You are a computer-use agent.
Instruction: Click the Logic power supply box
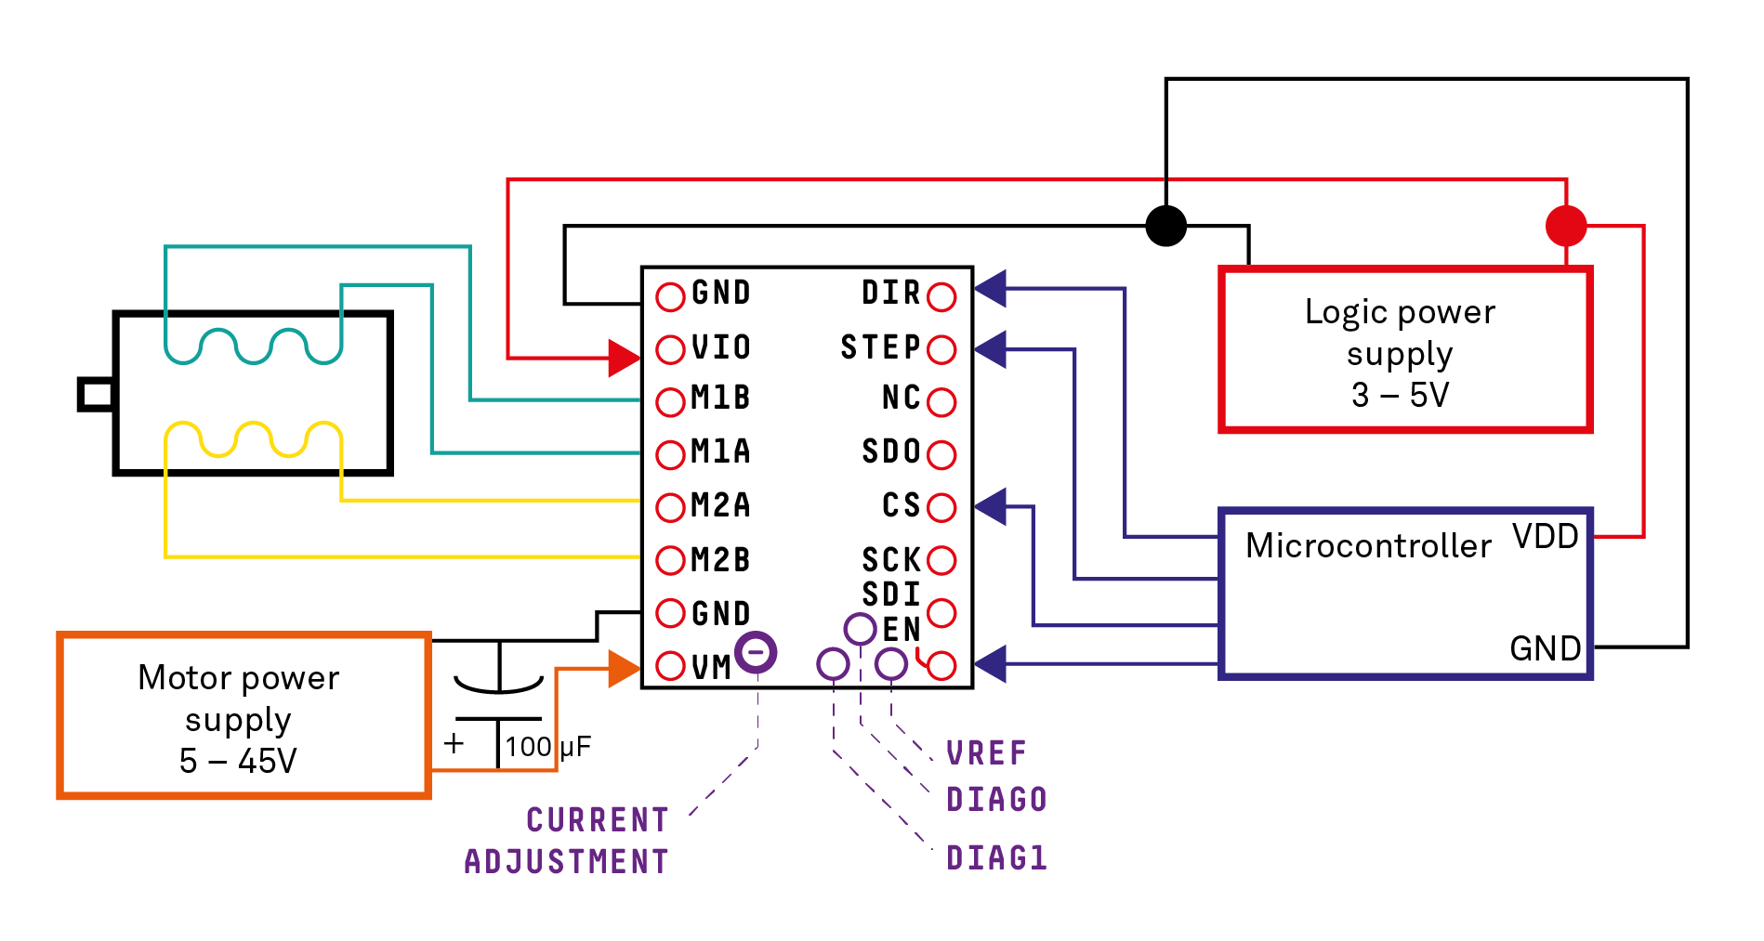(x=1404, y=350)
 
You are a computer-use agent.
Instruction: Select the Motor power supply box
(x=244, y=715)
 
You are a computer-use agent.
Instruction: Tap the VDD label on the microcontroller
(x=1545, y=536)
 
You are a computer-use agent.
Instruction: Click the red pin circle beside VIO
(x=670, y=349)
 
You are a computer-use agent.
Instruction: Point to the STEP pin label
(x=879, y=347)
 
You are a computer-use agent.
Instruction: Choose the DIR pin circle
(x=941, y=296)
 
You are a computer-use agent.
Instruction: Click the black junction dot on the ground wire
(x=1165, y=225)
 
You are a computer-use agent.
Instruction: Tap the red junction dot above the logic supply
(x=1566, y=225)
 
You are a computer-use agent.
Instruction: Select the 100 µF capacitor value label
(x=547, y=746)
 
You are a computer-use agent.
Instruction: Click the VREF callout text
(x=986, y=752)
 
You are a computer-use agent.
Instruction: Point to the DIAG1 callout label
(x=996, y=857)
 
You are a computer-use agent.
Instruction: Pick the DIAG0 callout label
(x=996, y=799)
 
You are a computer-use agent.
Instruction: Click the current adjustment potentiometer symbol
(x=756, y=652)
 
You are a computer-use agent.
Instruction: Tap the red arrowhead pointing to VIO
(x=624, y=357)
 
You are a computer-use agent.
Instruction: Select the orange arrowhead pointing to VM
(x=624, y=668)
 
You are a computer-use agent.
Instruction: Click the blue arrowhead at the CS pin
(x=991, y=506)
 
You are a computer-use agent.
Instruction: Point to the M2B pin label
(x=720, y=559)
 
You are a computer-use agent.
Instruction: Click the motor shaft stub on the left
(x=96, y=394)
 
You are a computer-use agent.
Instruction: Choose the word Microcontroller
(x=1368, y=545)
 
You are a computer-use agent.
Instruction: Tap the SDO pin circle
(x=941, y=454)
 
